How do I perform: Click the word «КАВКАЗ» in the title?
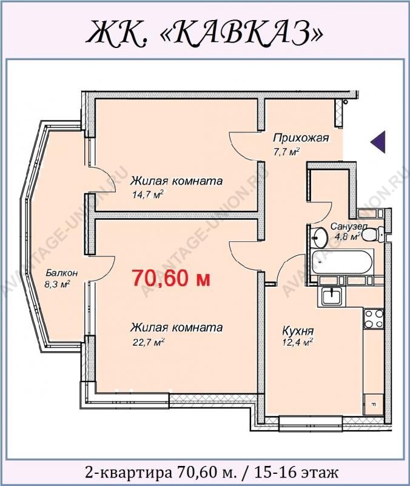(x=243, y=33)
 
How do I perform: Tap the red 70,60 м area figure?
(x=172, y=278)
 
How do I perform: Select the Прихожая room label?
(x=301, y=138)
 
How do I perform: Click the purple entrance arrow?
(x=378, y=142)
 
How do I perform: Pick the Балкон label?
(x=62, y=273)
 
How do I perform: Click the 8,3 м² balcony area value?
(x=57, y=284)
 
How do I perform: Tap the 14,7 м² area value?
(x=147, y=194)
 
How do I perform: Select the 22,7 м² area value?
(x=147, y=342)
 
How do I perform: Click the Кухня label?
(x=298, y=330)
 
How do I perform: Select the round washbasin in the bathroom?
(x=318, y=238)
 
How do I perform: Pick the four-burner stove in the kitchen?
(x=374, y=319)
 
